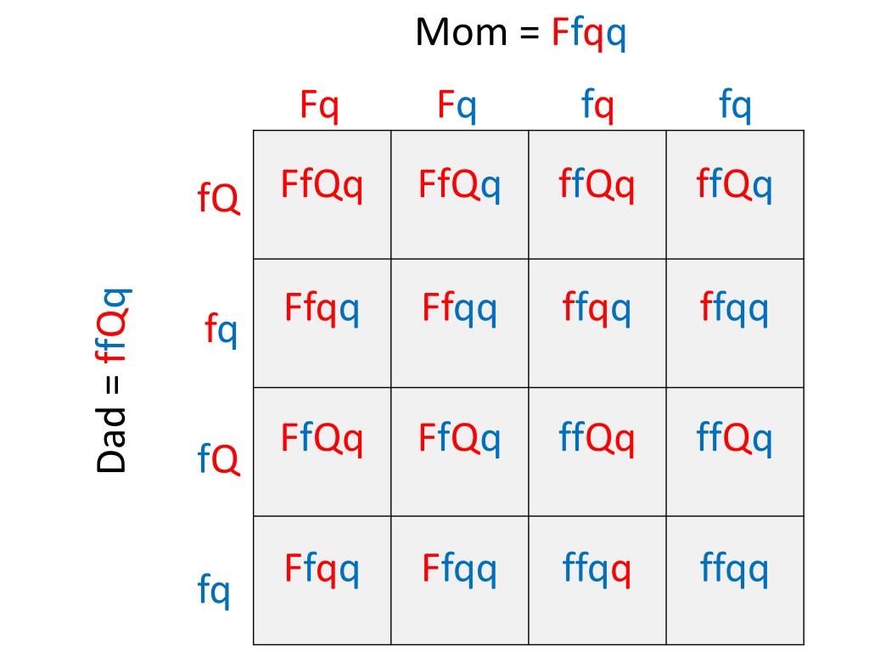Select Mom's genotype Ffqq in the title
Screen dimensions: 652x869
(x=589, y=35)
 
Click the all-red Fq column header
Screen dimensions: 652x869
(x=319, y=107)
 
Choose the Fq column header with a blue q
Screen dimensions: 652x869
(x=457, y=107)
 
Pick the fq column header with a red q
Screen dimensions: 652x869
(x=597, y=107)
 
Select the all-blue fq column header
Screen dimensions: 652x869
(x=736, y=107)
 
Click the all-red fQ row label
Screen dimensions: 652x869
(x=218, y=200)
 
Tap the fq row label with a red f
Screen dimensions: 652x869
(x=221, y=329)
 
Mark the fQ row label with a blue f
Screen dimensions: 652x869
(x=218, y=460)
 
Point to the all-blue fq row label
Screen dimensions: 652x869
(x=214, y=589)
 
